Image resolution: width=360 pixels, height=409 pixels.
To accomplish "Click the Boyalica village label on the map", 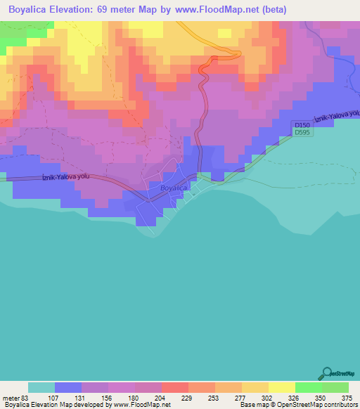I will pyautogui.click(x=173, y=188).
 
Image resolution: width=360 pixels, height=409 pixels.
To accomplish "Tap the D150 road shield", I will pyautogui.click(x=302, y=124).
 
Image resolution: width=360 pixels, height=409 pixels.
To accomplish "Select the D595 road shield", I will pyautogui.click(x=302, y=132).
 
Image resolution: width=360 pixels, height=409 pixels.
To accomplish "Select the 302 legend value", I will pyautogui.click(x=267, y=397).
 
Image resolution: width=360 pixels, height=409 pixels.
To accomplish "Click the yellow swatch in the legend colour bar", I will pyautogui.click(x=281, y=387).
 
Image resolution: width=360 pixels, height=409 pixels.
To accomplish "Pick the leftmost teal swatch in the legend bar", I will pyautogui.click(x=41, y=387).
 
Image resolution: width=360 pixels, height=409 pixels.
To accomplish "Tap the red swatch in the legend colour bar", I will pyautogui.click(x=174, y=387).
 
